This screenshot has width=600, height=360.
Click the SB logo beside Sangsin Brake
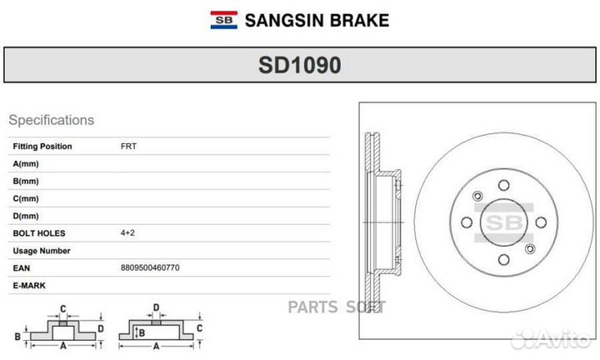[x=224, y=20]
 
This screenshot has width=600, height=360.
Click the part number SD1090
[x=300, y=65]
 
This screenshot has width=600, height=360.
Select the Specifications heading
[x=52, y=120]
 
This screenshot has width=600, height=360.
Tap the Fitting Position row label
[x=42, y=146]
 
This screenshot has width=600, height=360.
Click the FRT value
[x=128, y=146]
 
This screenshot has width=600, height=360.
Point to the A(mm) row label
[x=26, y=163]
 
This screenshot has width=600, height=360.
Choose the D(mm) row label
[x=26, y=216]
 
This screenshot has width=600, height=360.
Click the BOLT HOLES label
[x=39, y=233]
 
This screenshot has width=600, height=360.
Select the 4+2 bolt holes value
[x=127, y=232]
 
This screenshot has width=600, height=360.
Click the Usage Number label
[x=42, y=251]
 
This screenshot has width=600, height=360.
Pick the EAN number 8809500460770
[x=150, y=267]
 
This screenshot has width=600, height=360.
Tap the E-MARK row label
[x=29, y=285]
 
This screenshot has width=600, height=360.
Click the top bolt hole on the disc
[x=503, y=186]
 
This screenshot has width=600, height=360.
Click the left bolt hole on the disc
[x=467, y=222]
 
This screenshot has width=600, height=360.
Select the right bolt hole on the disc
[x=541, y=222]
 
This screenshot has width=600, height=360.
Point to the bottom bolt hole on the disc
[x=503, y=260]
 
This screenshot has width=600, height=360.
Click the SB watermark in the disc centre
[x=504, y=222]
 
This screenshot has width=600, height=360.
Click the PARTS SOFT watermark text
[x=337, y=307]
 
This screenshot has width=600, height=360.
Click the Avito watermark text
[x=552, y=338]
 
